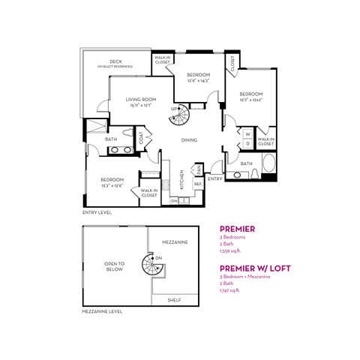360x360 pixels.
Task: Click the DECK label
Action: point(115,61)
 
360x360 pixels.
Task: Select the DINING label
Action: point(189,139)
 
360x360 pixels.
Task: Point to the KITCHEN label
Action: point(181,179)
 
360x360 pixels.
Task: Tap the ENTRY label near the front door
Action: point(214,178)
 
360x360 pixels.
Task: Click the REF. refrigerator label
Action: point(198,183)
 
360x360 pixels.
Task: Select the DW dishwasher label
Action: point(174,201)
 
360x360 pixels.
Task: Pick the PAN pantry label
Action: point(197,169)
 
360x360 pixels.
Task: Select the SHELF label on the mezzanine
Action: point(175,298)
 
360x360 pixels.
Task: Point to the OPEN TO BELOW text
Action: point(114,265)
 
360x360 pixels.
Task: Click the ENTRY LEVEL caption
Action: point(97,212)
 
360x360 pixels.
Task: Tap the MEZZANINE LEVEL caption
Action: point(102,311)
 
